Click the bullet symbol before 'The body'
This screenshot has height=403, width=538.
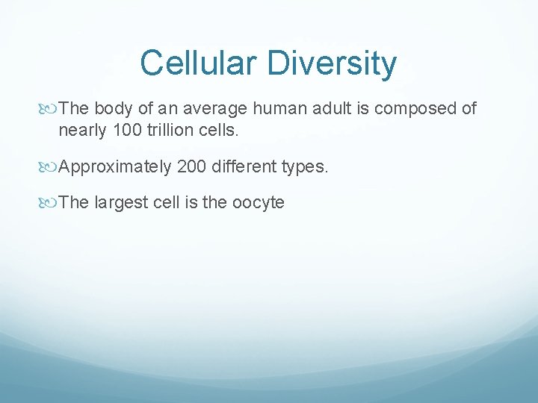point(51,109)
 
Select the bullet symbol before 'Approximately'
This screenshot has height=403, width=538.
point(51,166)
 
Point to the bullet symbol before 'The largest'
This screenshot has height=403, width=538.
point(51,202)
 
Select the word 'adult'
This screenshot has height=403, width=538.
point(333,109)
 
